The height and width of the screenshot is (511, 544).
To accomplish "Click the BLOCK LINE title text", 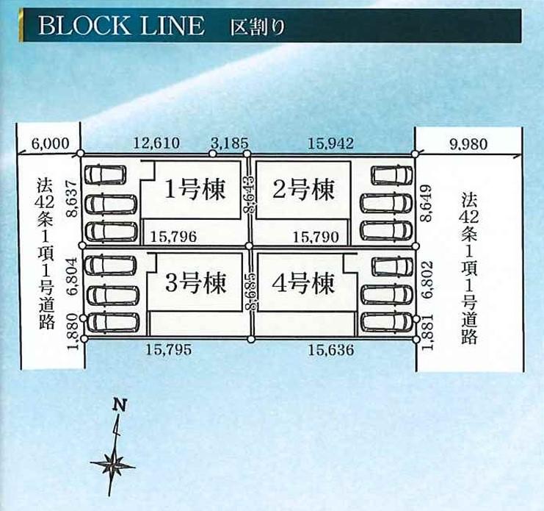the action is (x=120, y=26).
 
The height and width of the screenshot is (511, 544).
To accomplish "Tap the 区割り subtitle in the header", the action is (x=257, y=27).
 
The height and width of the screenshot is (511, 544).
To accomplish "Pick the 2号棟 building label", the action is (x=304, y=190).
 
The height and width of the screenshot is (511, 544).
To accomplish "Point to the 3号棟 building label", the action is (x=195, y=282).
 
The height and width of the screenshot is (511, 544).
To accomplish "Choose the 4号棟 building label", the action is (x=303, y=282).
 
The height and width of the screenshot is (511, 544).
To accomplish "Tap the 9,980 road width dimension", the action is (x=468, y=144).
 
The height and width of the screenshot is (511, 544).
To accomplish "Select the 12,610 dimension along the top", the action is (x=156, y=143).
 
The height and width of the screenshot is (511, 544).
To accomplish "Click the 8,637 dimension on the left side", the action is (x=71, y=200).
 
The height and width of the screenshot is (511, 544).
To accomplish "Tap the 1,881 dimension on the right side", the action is (x=429, y=335).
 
